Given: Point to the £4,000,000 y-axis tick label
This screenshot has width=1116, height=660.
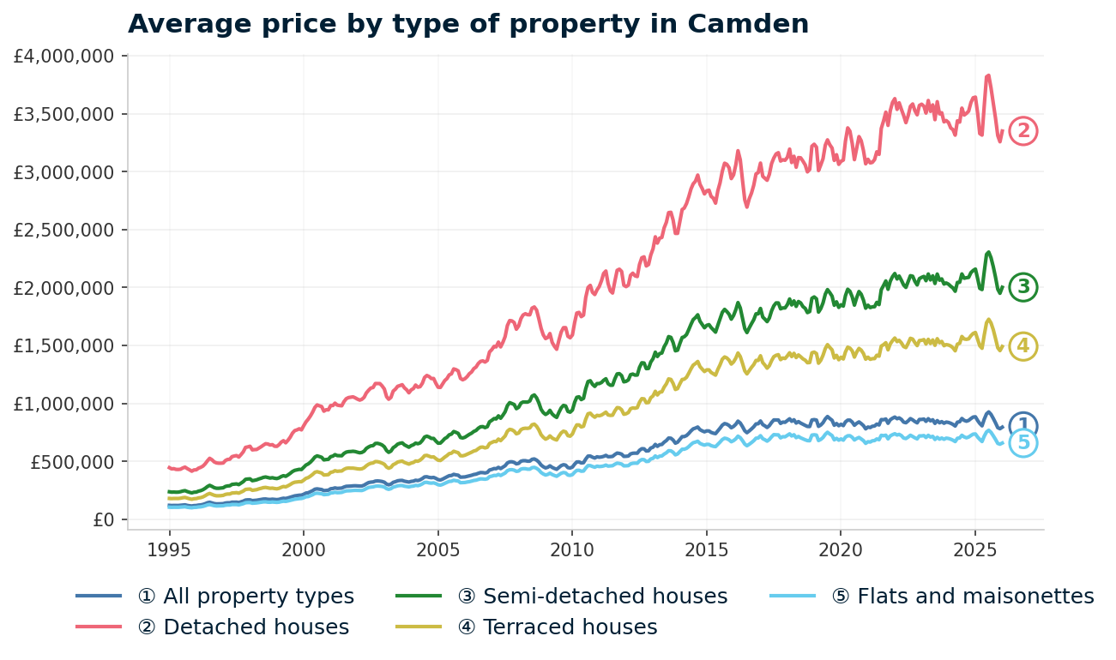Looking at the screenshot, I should pyautogui.click(x=64, y=57).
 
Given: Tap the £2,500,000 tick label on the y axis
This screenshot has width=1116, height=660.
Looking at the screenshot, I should pyautogui.click(x=64, y=231).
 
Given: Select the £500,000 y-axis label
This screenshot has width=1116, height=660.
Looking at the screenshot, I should pyautogui.click(x=71, y=462).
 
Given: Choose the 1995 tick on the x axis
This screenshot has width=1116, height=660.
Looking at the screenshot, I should pyautogui.click(x=169, y=549).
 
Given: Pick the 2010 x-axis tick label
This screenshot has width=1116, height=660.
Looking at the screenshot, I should pyautogui.click(x=572, y=549).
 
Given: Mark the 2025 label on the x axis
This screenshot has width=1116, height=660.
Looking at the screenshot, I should pyautogui.click(x=974, y=549).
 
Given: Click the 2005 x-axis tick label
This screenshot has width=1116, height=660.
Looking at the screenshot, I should pyautogui.click(x=437, y=549).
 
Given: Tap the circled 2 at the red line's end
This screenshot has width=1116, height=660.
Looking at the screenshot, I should pyautogui.click(x=1023, y=131).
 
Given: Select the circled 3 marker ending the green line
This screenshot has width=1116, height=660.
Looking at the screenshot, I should pyautogui.click(x=1023, y=287).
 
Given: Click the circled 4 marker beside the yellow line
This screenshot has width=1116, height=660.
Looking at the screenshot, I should pyautogui.click(x=1023, y=346).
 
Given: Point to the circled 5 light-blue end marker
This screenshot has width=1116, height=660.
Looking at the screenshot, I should pyautogui.click(x=1023, y=443).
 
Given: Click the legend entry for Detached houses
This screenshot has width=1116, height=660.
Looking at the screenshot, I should pyautogui.click(x=256, y=627).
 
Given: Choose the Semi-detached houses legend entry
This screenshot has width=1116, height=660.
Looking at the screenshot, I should pyautogui.click(x=605, y=597).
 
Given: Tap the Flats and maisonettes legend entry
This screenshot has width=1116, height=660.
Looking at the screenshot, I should pyautogui.click(x=975, y=597).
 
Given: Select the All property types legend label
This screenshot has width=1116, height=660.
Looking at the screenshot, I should pyautogui.click(x=258, y=597).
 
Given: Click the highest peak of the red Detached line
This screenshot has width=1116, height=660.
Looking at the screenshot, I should pyautogui.click(x=988, y=75).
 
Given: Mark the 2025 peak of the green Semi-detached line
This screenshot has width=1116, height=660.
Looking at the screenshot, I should pyautogui.click(x=988, y=252).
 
